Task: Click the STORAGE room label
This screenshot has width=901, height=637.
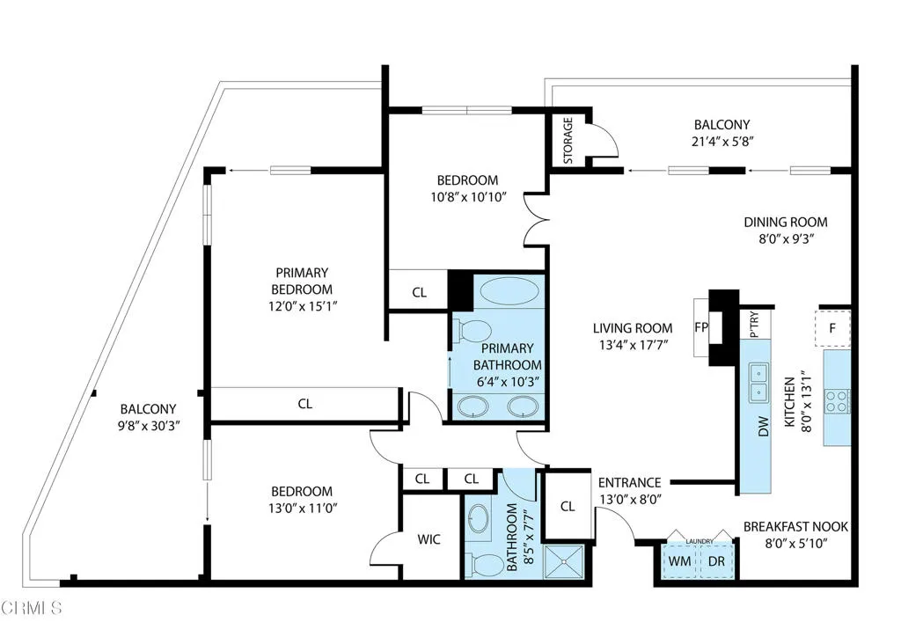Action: pyautogui.click(x=568, y=140)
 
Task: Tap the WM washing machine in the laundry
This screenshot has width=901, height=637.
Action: pyautogui.click(x=680, y=560)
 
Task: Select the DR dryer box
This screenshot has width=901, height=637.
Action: pyautogui.click(x=716, y=560)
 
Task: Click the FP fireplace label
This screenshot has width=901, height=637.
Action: pyautogui.click(x=701, y=327)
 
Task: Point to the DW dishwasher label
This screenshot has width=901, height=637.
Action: pyautogui.click(x=763, y=426)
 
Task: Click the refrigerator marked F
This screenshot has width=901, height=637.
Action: pyautogui.click(x=832, y=328)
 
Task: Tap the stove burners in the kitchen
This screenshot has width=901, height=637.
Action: pyautogui.click(x=836, y=401)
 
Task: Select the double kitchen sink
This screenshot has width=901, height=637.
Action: pyautogui.click(x=758, y=383)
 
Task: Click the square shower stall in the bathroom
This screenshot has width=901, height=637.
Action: pyautogui.click(x=564, y=561)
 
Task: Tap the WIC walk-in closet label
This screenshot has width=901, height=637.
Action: pyautogui.click(x=429, y=539)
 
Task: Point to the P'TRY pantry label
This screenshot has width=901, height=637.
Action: pyautogui.click(x=754, y=325)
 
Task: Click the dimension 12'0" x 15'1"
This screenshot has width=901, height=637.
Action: pyautogui.click(x=303, y=306)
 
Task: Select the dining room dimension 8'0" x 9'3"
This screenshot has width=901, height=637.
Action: pyautogui.click(x=786, y=238)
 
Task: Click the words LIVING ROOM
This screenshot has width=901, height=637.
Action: pyautogui.click(x=633, y=328)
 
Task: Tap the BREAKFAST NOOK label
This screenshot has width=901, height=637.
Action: pyautogui.click(x=795, y=527)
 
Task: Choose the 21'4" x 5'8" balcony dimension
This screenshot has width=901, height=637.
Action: pyautogui.click(x=722, y=142)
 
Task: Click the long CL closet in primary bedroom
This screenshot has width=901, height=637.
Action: pyautogui.click(x=305, y=405)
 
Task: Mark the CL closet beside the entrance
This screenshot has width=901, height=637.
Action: pyautogui.click(x=568, y=506)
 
